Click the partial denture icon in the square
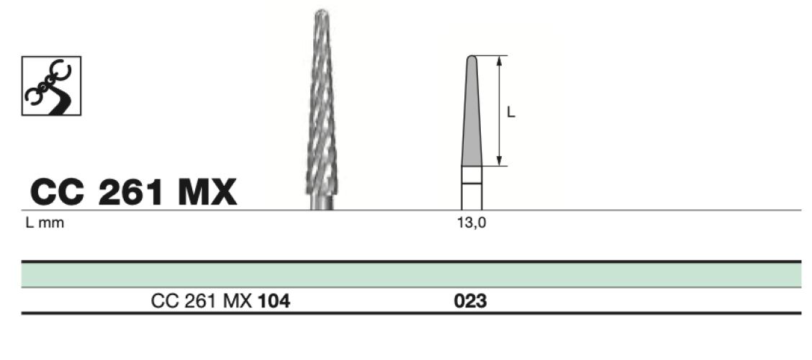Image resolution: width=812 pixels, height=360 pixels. [x=51, y=86]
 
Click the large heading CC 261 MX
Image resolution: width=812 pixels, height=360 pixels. [x=134, y=192]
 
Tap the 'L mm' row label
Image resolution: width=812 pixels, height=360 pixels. [x=45, y=223]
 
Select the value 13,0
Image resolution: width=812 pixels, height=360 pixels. [x=472, y=223]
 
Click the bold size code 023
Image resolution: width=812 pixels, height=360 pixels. [x=470, y=301]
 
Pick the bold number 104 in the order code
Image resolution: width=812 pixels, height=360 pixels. [x=274, y=301]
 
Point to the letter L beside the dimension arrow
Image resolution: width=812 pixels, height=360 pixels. [x=510, y=112]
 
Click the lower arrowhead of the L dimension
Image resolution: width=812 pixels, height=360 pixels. [x=499, y=161]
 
